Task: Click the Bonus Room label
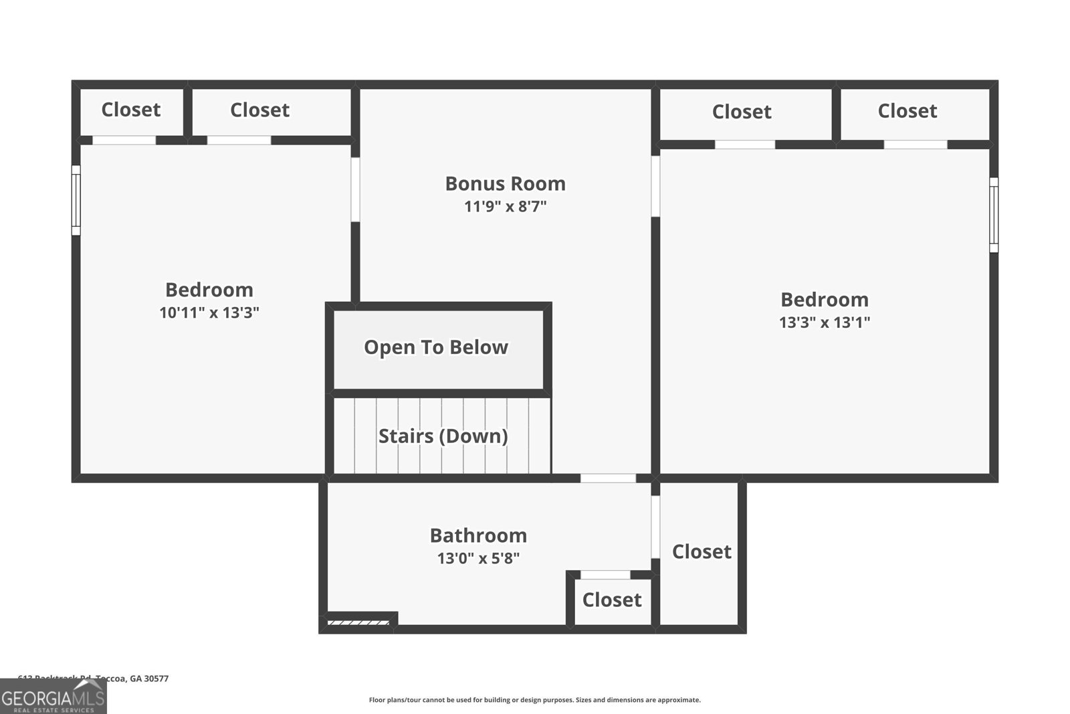click(x=505, y=183)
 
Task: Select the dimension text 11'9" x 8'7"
click(x=505, y=206)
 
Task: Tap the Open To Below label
click(x=436, y=347)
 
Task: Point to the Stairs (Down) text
click(x=443, y=436)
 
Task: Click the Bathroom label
click(x=478, y=535)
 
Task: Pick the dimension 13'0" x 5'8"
click(x=478, y=558)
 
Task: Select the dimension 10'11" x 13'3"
click(x=209, y=313)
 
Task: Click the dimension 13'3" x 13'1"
click(x=824, y=323)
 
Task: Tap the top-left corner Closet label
click(x=130, y=110)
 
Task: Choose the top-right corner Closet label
click(x=907, y=111)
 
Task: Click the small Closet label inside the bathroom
click(x=611, y=600)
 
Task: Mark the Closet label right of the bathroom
click(x=701, y=551)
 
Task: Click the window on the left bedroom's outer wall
click(x=76, y=200)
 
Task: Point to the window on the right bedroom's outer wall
click(x=994, y=215)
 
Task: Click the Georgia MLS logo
click(x=53, y=698)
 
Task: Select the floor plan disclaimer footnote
click(x=534, y=700)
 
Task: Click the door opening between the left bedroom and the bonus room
click(x=355, y=189)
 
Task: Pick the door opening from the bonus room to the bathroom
click(x=607, y=478)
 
